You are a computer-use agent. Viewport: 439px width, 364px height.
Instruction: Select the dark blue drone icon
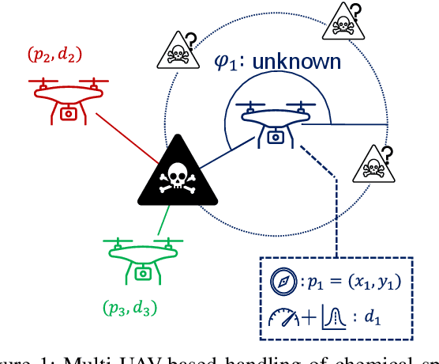pyautogui.click(x=275, y=123)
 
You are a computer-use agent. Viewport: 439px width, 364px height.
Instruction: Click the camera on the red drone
pyautogui.click(x=69, y=112)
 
